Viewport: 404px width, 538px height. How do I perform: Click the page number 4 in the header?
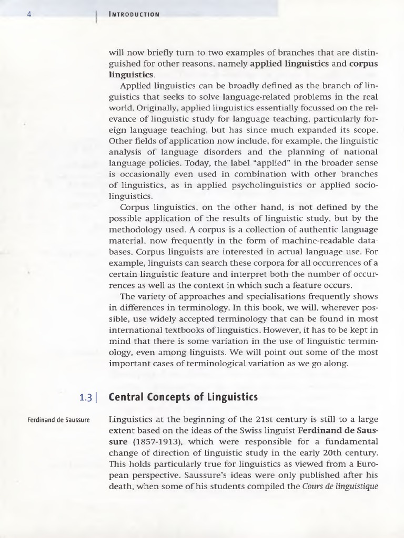coord(29,14)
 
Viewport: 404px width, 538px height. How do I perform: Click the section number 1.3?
coord(85,397)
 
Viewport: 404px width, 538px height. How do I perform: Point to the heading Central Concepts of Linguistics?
coord(183,397)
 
